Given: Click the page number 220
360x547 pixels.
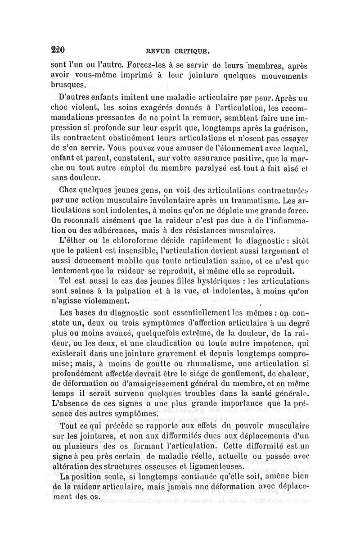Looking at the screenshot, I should [x=58, y=49].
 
